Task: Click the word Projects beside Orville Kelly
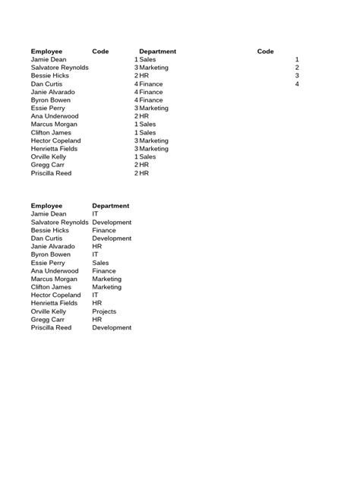click(104, 311)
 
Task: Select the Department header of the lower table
click(110, 206)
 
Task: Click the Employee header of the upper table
click(46, 52)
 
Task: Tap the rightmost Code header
click(265, 52)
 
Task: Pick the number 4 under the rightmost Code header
click(297, 84)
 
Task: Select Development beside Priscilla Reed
click(112, 328)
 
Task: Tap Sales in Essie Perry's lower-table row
click(100, 263)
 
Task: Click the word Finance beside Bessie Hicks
click(104, 230)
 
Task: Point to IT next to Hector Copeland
click(96, 295)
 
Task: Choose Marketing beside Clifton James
click(106, 287)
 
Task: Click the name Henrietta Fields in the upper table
click(54, 149)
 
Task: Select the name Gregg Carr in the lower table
click(46, 320)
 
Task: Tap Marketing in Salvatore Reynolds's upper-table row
click(153, 68)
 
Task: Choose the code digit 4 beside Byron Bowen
click(136, 100)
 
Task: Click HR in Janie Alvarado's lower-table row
click(97, 247)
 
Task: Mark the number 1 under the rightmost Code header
click(297, 59)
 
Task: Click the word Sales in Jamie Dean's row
click(147, 59)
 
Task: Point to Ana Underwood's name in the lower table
click(55, 271)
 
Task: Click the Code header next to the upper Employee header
click(100, 52)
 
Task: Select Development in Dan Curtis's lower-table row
click(112, 238)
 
